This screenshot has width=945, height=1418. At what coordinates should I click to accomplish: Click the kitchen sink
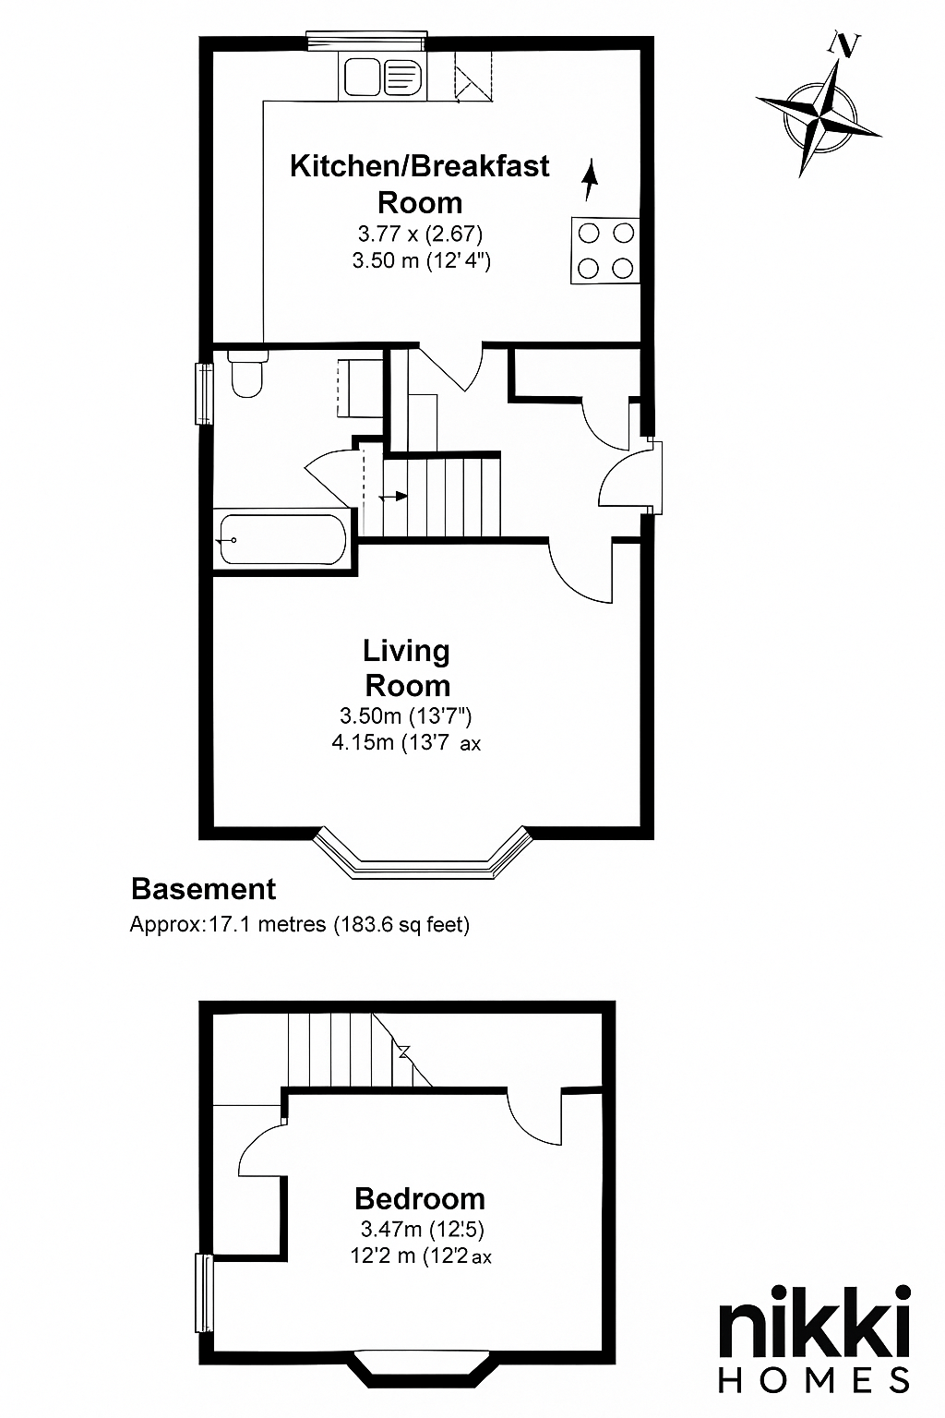[x=383, y=76]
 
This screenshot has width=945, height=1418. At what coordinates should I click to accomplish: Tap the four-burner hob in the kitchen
[x=605, y=250]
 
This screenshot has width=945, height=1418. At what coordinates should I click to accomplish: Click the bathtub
[x=282, y=539]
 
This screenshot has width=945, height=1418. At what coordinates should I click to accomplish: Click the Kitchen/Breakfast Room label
[x=420, y=185]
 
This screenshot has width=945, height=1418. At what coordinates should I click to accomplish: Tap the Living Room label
[x=407, y=667]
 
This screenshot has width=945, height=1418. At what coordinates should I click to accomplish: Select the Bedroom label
[x=420, y=1198]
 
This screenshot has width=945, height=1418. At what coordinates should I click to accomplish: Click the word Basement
[x=203, y=889]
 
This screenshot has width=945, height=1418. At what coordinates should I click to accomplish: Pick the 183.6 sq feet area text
[x=402, y=925]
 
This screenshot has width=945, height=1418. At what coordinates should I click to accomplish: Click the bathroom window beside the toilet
[x=205, y=394]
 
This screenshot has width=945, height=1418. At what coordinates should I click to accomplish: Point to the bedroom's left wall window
[x=204, y=1292]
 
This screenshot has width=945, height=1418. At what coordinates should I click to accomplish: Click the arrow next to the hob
[x=590, y=180]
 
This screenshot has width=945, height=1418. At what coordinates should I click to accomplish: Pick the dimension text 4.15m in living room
[x=363, y=742]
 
